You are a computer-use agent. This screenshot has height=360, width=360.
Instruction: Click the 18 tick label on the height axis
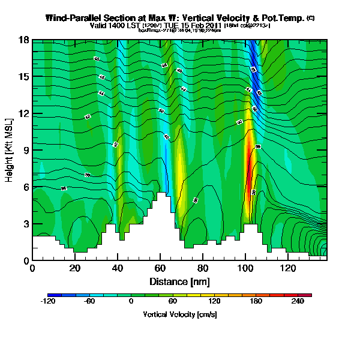click(25, 40)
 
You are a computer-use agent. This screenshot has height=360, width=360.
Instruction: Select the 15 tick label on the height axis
click(25, 76)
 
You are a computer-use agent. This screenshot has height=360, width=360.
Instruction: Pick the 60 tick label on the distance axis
click(160, 269)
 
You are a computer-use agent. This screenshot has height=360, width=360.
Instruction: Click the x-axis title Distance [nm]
click(179, 281)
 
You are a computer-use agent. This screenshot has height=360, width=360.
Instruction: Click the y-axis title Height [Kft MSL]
click(10, 150)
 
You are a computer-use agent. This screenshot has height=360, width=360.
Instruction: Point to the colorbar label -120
click(47, 302)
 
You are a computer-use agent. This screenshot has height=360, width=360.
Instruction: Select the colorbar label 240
click(298, 302)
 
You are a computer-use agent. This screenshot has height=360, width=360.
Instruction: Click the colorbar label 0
click(131, 302)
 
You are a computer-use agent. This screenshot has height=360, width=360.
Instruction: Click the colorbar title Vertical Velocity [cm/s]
click(179, 314)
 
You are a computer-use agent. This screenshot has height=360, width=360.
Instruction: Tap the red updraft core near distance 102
click(248, 180)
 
